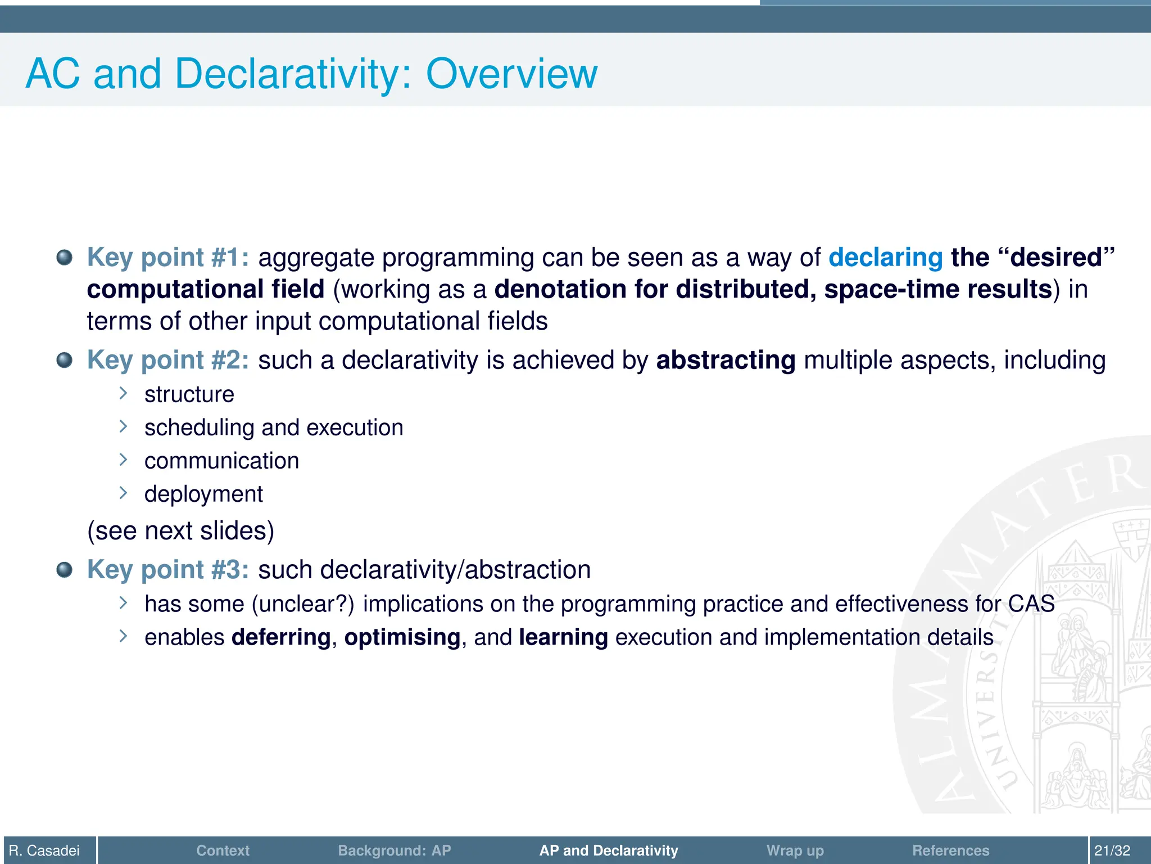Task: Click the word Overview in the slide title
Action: [x=511, y=74]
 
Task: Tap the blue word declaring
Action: [x=885, y=258]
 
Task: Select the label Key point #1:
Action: [x=168, y=258]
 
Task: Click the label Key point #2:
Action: [x=168, y=360]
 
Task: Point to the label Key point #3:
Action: [x=168, y=570]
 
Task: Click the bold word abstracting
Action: [x=726, y=360]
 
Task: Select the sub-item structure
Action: [x=189, y=394]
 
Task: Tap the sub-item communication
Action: [x=221, y=461]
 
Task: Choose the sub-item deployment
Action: [x=203, y=494]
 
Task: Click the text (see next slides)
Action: [x=181, y=530]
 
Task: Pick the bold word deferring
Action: [x=281, y=637]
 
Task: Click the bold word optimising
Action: [x=402, y=637]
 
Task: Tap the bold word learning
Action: [x=563, y=637]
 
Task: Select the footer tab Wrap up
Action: [x=795, y=850]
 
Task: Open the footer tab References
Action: [x=950, y=850]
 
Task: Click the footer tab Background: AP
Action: [x=394, y=850]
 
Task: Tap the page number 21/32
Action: [x=1112, y=850]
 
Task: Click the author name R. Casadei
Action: [x=44, y=850]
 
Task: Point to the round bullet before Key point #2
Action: [x=65, y=360]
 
